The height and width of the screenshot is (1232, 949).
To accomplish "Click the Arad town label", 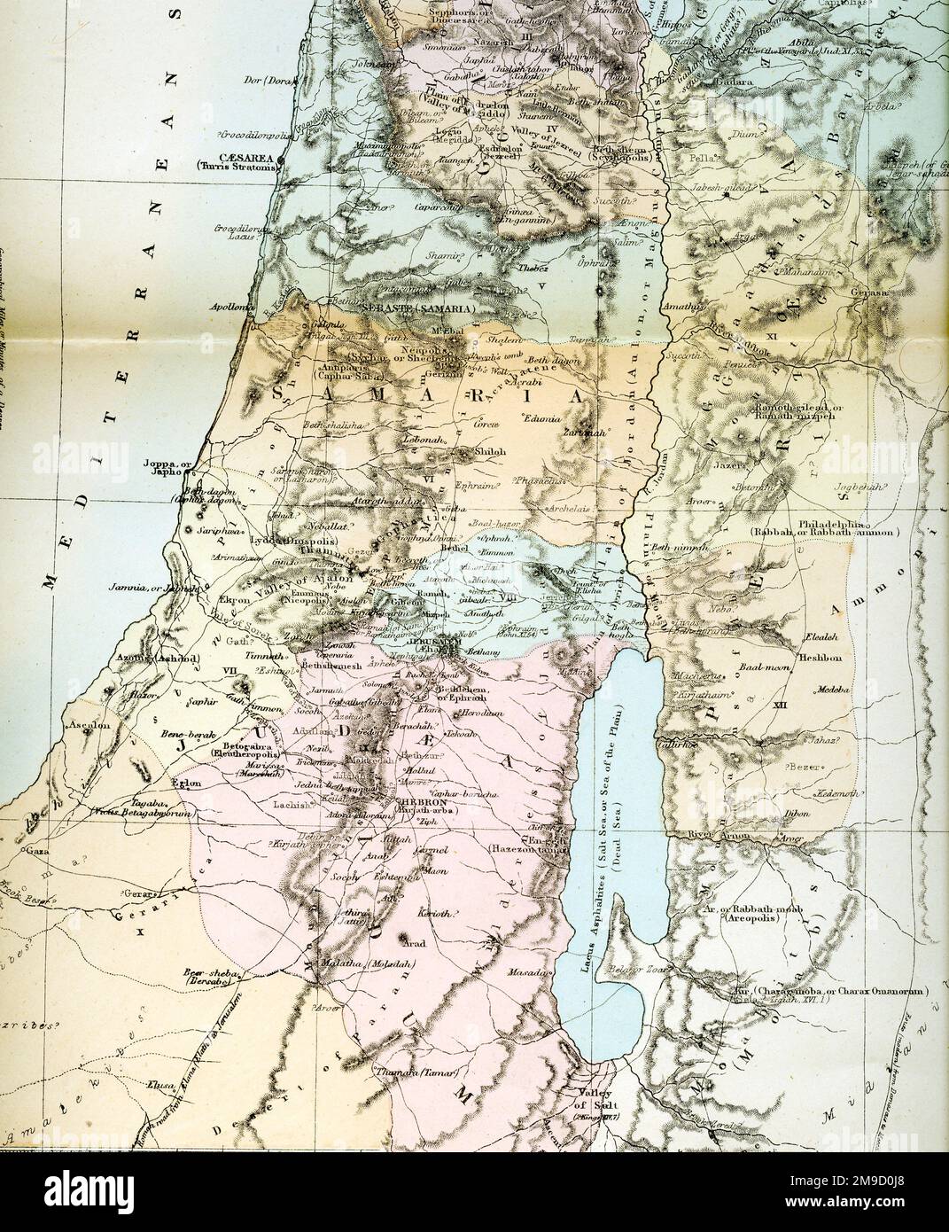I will pos(416,945).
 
